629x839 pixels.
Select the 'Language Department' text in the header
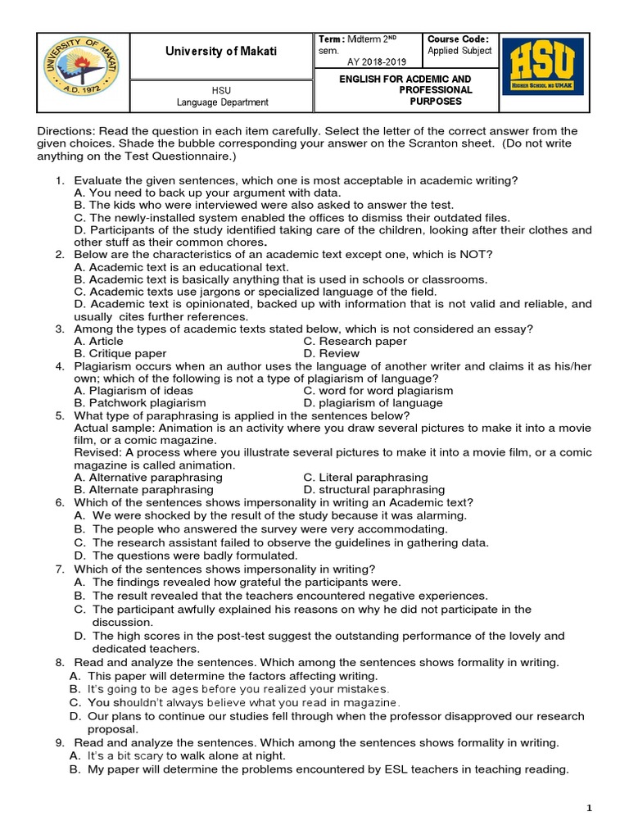point(223,102)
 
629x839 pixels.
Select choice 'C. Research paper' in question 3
point(355,341)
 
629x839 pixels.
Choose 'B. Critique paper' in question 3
point(120,354)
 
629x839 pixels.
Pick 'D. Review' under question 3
point(331,354)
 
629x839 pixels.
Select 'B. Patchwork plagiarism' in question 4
point(139,403)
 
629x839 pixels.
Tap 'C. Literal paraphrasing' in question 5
point(365,477)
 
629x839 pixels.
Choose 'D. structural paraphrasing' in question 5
point(373,490)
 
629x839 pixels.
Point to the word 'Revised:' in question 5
point(97,452)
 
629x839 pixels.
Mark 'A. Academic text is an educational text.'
point(180,267)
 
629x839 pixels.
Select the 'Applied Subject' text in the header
point(459,51)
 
